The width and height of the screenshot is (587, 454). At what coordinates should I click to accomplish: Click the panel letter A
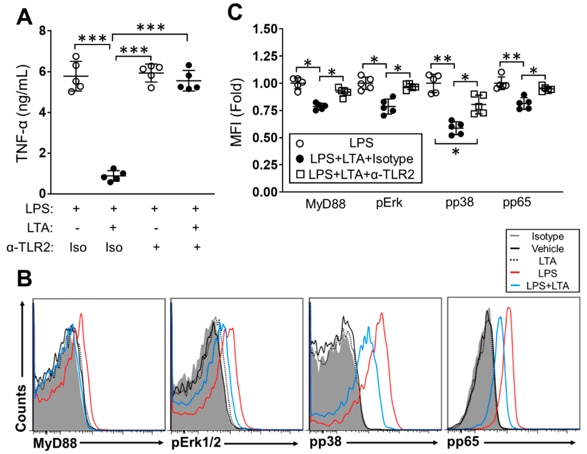tap(24, 17)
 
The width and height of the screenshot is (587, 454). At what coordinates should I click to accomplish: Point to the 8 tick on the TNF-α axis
tap(43, 31)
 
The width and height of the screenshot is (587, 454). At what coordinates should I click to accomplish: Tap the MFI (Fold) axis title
tap(237, 112)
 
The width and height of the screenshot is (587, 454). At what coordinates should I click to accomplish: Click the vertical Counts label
tap(21, 408)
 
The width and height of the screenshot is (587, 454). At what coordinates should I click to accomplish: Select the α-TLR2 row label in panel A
tap(30, 248)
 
